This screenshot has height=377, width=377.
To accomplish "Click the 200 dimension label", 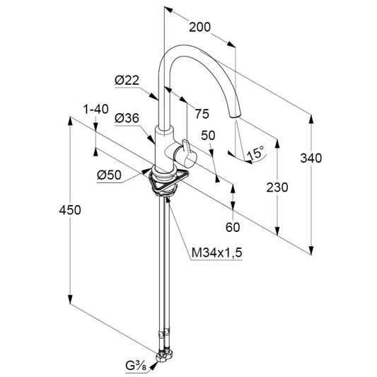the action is (x=199, y=27).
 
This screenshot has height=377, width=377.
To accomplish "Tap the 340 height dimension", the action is (x=311, y=158).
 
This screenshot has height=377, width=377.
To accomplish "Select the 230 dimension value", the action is (x=277, y=187).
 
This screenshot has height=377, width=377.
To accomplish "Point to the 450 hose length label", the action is (x=70, y=210).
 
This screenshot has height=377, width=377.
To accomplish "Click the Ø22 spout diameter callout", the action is (x=127, y=81).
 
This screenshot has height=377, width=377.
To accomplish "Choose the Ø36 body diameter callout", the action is (x=127, y=118).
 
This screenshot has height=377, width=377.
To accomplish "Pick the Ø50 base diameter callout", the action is (x=109, y=175).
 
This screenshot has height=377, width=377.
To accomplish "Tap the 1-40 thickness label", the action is (x=95, y=109).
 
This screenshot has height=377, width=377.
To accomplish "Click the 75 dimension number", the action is (x=202, y=114).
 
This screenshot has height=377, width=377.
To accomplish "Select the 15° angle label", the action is (x=255, y=152).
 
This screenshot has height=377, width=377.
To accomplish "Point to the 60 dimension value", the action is (x=233, y=227).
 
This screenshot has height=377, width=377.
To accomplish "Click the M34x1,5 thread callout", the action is (x=217, y=253).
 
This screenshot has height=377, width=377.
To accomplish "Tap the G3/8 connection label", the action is (x=136, y=366).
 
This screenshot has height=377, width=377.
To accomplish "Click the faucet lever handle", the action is (x=186, y=154).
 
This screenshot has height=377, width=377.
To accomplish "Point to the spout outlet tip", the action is (x=235, y=116).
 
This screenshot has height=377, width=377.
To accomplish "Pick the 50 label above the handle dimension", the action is (x=208, y=136).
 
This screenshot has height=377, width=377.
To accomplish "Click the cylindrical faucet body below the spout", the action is (x=164, y=149).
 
